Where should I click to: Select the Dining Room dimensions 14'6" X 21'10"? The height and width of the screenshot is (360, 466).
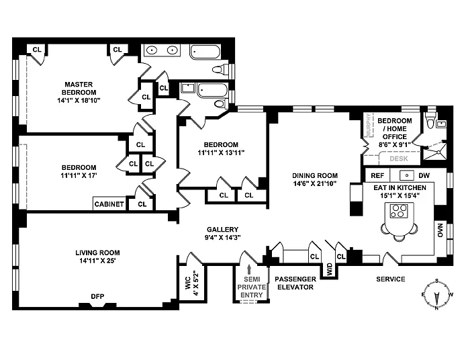[314, 183]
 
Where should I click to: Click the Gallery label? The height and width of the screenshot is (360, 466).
[223, 229]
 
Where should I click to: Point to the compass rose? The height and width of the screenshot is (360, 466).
[436, 295]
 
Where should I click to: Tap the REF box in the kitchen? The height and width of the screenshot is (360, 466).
[377, 175]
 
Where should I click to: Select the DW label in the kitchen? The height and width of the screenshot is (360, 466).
[424, 175]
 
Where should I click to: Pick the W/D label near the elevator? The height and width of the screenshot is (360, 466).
[329, 269]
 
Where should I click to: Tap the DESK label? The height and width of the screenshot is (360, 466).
[398, 159]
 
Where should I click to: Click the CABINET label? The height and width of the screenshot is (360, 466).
[109, 204]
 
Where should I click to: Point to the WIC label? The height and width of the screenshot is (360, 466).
[189, 279]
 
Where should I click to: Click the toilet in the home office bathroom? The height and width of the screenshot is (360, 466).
[432, 122]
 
